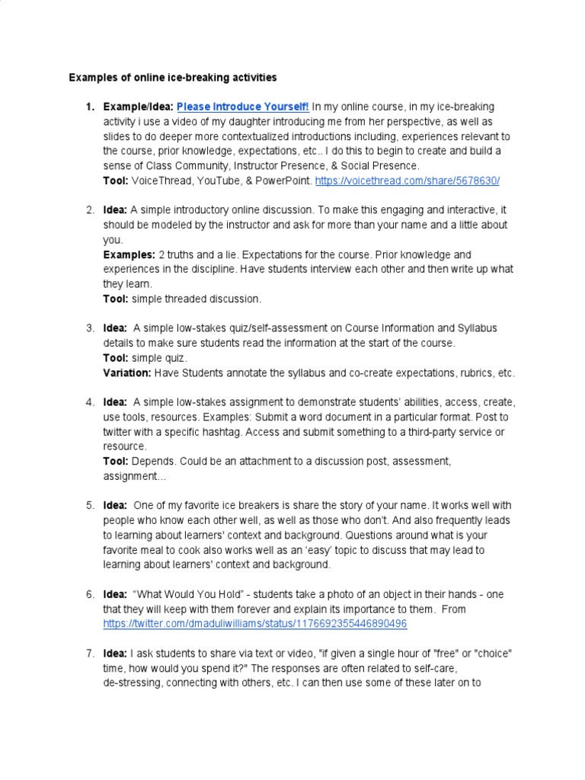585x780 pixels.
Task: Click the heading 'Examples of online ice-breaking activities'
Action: click(x=173, y=77)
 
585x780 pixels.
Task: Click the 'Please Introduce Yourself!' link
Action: click(x=243, y=107)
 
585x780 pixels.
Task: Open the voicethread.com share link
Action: click(x=408, y=181)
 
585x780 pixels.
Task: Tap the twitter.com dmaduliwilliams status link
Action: click(x=255, y=624)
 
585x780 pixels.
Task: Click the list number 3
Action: click(x=89, y=328)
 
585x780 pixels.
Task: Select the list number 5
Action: click(x=89, y=506)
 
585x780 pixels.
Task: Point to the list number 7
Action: click(x=89, y=654)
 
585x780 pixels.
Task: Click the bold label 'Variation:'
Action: click(x=127, y=373)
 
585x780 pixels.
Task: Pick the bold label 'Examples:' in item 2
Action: click(x=129, y=254)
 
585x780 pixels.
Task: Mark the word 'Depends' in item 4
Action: click(x=151, y=462)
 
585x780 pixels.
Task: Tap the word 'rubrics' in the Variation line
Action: click(x=475, y=373)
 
